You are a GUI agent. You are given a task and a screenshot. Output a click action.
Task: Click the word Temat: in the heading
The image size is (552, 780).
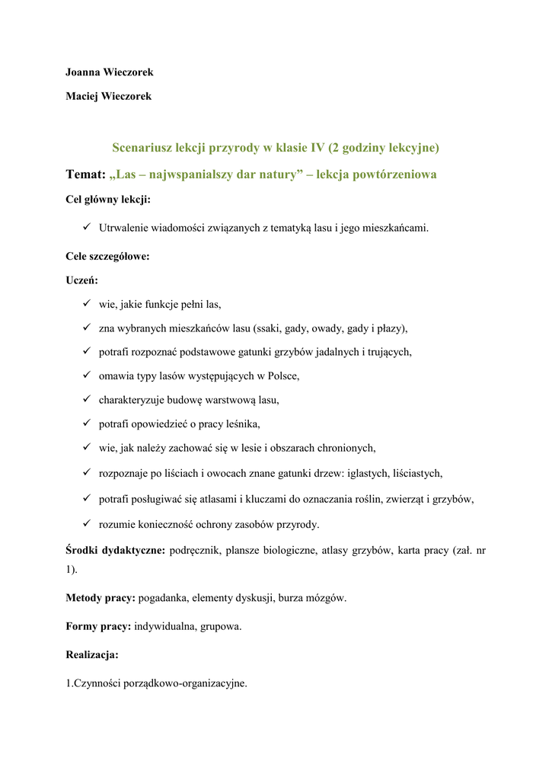pos(85,174)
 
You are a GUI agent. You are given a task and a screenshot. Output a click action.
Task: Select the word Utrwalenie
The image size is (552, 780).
pos(124,227)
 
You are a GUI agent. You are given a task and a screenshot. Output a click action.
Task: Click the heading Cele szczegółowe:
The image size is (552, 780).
pos(107,257)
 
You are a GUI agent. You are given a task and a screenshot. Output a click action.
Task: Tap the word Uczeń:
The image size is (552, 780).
pos(82,280)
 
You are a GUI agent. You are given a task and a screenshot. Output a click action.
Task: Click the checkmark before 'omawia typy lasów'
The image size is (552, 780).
pos(87,376)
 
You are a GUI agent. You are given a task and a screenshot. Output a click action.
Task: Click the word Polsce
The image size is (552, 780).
pos(282,376)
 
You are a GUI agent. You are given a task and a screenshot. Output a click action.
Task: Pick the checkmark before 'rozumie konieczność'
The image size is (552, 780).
pos(87,523)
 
